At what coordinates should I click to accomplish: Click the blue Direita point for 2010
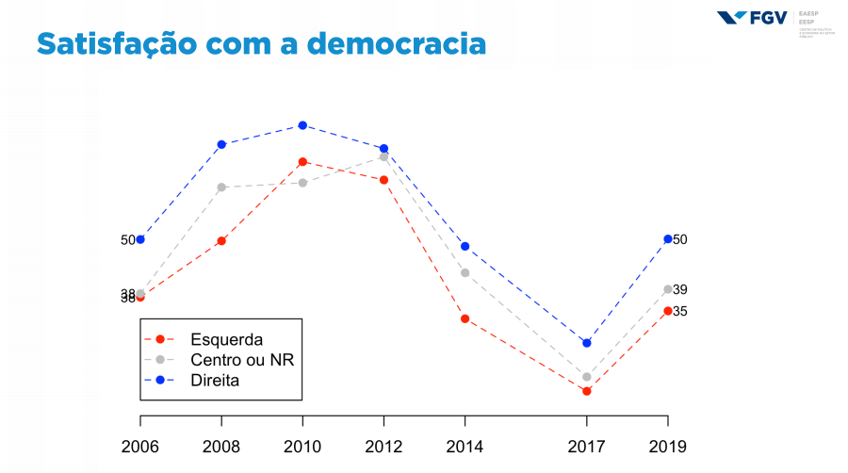[302, 125]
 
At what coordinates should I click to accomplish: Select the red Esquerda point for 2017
[586, 391]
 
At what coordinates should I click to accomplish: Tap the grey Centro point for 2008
[221, 188]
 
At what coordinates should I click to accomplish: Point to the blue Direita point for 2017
[586, 343]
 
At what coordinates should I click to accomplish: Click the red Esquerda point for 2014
[465, 318]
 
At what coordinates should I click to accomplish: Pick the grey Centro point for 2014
[465, 273]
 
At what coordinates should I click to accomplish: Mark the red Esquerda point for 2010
[302, 162]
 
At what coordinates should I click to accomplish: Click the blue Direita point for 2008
[221, 144]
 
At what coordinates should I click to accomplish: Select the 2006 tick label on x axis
[140, 446]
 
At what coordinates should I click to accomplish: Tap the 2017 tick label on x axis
[586, 446]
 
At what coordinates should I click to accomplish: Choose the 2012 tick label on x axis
[383, 446]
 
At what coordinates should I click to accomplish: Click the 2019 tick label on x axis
[667, 446]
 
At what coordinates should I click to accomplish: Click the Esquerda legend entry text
[226, 339]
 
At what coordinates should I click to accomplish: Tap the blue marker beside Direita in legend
[160, 381]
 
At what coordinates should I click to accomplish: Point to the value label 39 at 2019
[680, 290]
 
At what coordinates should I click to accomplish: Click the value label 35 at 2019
[680, 312]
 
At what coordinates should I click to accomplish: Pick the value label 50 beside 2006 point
[128, 240]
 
